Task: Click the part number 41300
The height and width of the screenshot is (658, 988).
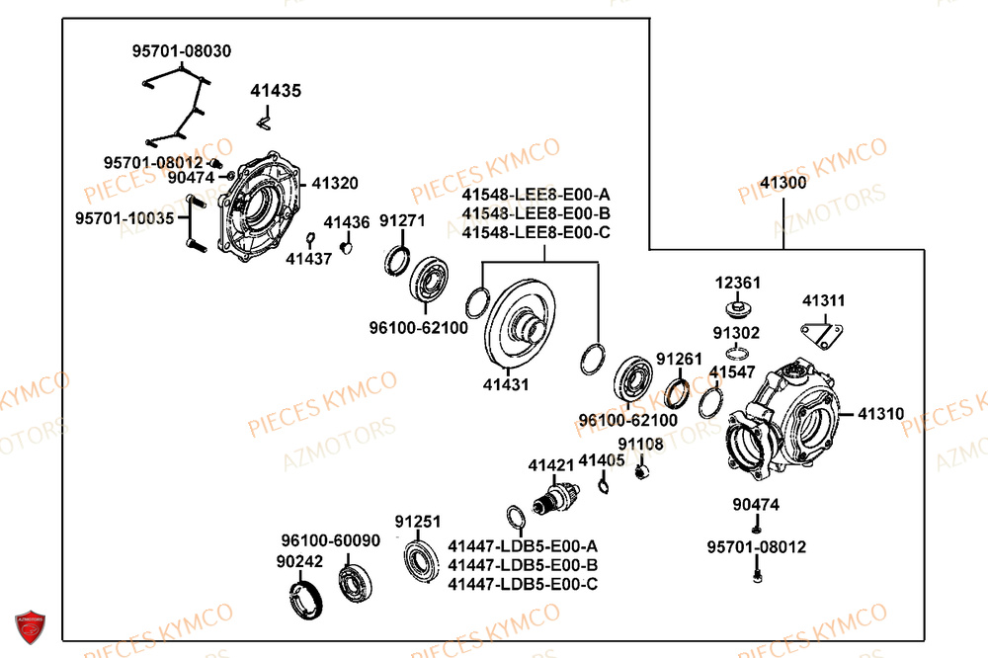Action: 782,183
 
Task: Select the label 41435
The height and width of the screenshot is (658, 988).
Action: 276,91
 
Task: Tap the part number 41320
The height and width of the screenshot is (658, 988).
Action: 335,184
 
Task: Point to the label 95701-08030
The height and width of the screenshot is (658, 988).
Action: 183,51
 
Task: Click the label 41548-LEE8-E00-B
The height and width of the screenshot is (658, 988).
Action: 536,213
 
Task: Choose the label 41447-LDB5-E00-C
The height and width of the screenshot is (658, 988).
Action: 523,584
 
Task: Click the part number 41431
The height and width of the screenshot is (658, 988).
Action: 506,384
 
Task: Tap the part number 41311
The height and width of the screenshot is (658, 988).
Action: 823,300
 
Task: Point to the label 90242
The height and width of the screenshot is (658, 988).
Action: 298,561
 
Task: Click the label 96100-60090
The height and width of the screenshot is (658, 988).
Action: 330,540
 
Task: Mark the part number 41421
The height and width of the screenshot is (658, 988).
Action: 550,464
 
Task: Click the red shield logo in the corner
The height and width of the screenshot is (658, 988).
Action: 31,626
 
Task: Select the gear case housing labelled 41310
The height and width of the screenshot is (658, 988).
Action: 785,415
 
